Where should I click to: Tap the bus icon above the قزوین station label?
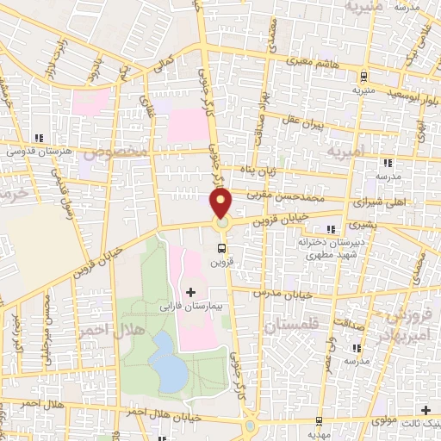pos(221,248)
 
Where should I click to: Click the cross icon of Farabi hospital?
pos(190,293)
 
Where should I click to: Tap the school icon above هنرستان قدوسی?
pos(37,138)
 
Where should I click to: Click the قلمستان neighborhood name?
pos(290,326)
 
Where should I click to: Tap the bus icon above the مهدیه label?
pos(318,420)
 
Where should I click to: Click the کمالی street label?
pos(163,65)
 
